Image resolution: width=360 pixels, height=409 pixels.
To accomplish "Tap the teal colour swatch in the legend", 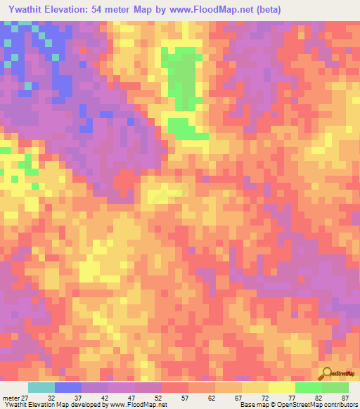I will pos(41,387).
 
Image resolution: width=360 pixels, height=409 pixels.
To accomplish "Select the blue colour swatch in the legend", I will pos(68,387).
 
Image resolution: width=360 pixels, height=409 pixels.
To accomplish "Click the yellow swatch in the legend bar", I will pos(282,387).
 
